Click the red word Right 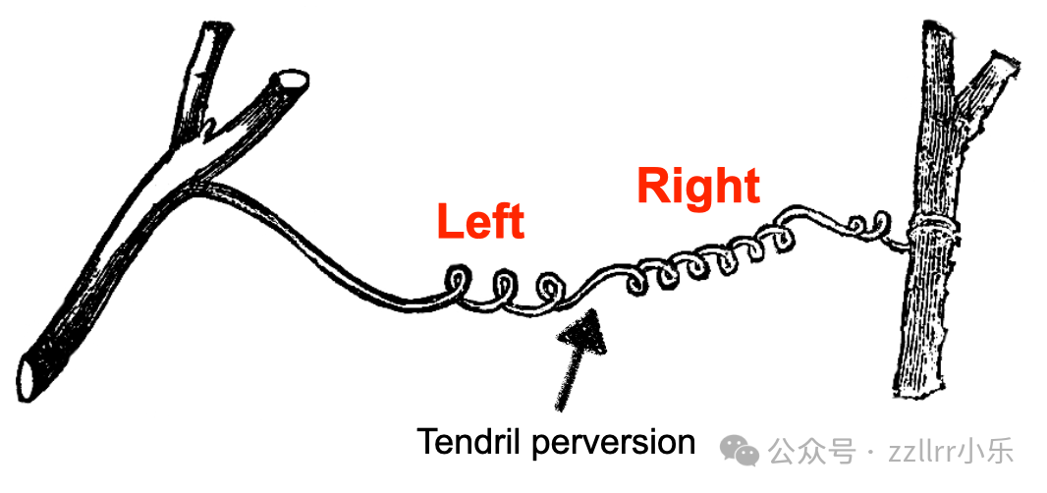pyautogui.click(x=698, y=186)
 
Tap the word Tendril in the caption pyautogui.click(x=470, y=441)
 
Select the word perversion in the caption pyautogui.click(x=614, y=442)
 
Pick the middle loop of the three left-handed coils pyautogui.click(x=507, y=288)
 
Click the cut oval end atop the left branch pyautogui.click(x=290, y=82)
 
